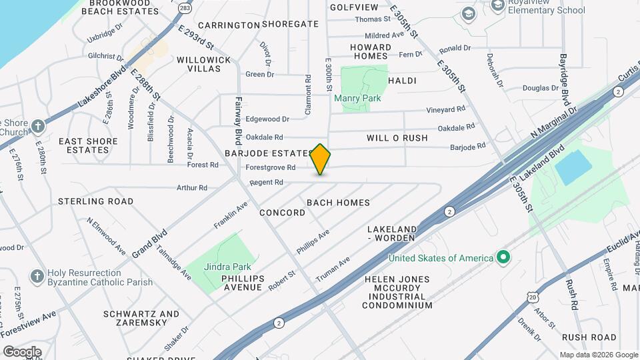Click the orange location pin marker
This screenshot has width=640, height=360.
(321, 159)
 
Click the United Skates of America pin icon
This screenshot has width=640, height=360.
(503, 257)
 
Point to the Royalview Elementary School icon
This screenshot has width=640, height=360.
(497, 5)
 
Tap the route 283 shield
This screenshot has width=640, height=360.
(185, 7)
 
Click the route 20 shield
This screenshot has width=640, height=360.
(532, 295)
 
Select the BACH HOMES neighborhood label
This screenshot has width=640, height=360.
(338, 202)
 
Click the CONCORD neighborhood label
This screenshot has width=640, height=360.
(282, 213)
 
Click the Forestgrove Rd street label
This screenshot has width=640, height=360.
(270, 167)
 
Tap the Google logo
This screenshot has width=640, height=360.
(22, 351)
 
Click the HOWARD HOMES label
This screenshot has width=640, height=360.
(371, 51)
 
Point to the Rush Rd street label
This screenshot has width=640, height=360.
(572, 293)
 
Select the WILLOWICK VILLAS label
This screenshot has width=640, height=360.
(203, 64)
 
